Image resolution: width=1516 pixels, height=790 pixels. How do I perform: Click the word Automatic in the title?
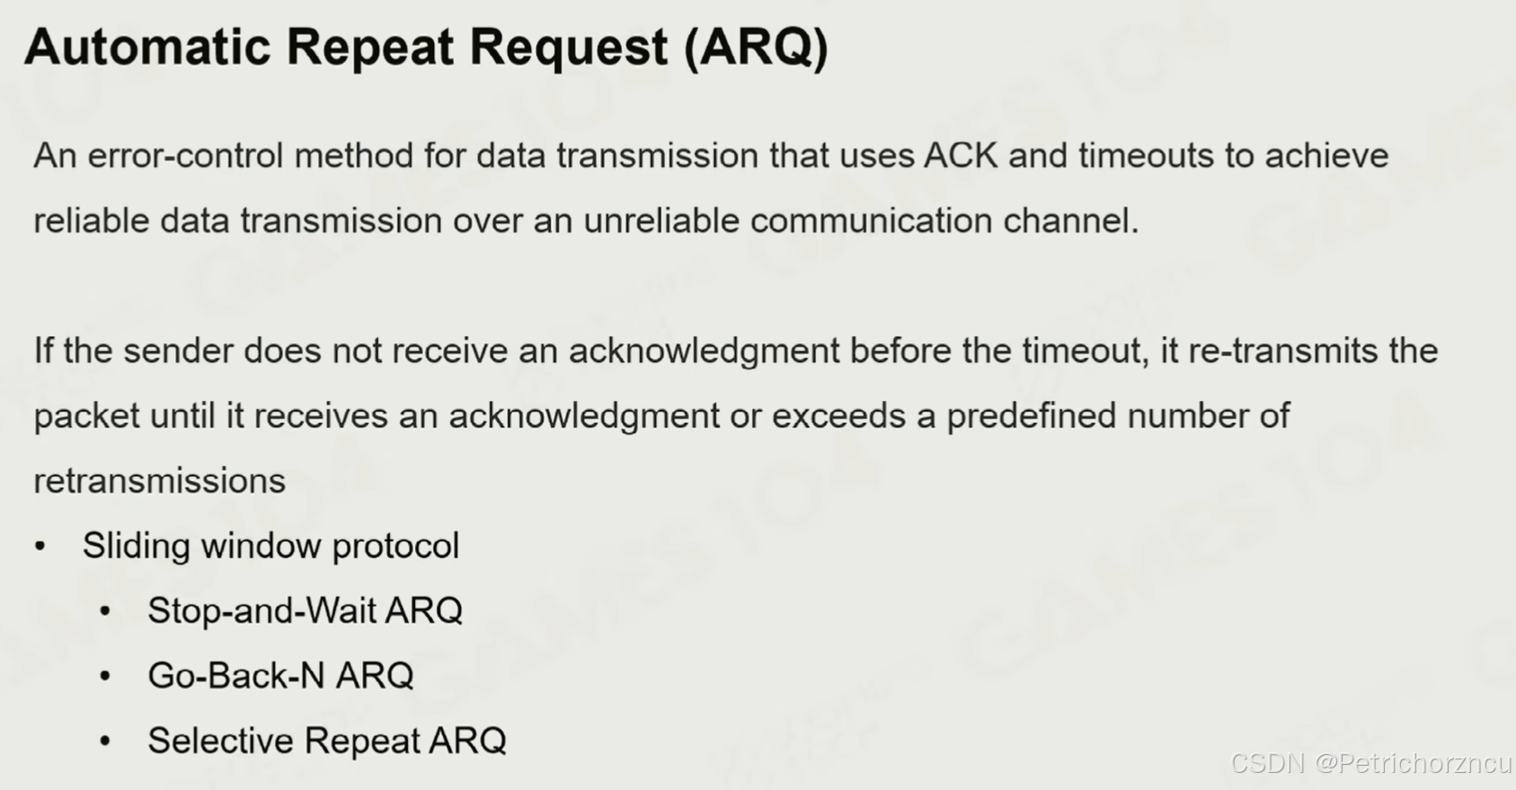coord(147,47)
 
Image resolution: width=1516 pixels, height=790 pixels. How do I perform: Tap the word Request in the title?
coord(569,49)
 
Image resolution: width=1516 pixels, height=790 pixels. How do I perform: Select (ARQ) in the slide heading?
coord(756,49)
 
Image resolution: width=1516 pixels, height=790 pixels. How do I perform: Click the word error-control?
coord(185,155)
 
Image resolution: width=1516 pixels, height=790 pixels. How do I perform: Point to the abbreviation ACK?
coord(961,155)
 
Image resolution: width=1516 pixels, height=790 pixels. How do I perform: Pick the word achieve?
coord(1326,155)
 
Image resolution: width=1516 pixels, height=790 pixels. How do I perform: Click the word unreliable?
coord(661,221)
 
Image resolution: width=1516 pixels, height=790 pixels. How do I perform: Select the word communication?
coord(871,221)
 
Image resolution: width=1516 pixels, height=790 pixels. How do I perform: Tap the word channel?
coord(1070,221)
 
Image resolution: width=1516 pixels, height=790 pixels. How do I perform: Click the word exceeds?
coord(838,415)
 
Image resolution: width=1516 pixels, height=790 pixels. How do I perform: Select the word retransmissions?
coord(160,482)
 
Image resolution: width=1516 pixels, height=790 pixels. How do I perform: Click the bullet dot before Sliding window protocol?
coord(40,546)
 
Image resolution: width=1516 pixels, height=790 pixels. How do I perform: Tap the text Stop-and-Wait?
coord(262,610)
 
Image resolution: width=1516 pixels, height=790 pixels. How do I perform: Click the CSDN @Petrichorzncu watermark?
coord(1371,763)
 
